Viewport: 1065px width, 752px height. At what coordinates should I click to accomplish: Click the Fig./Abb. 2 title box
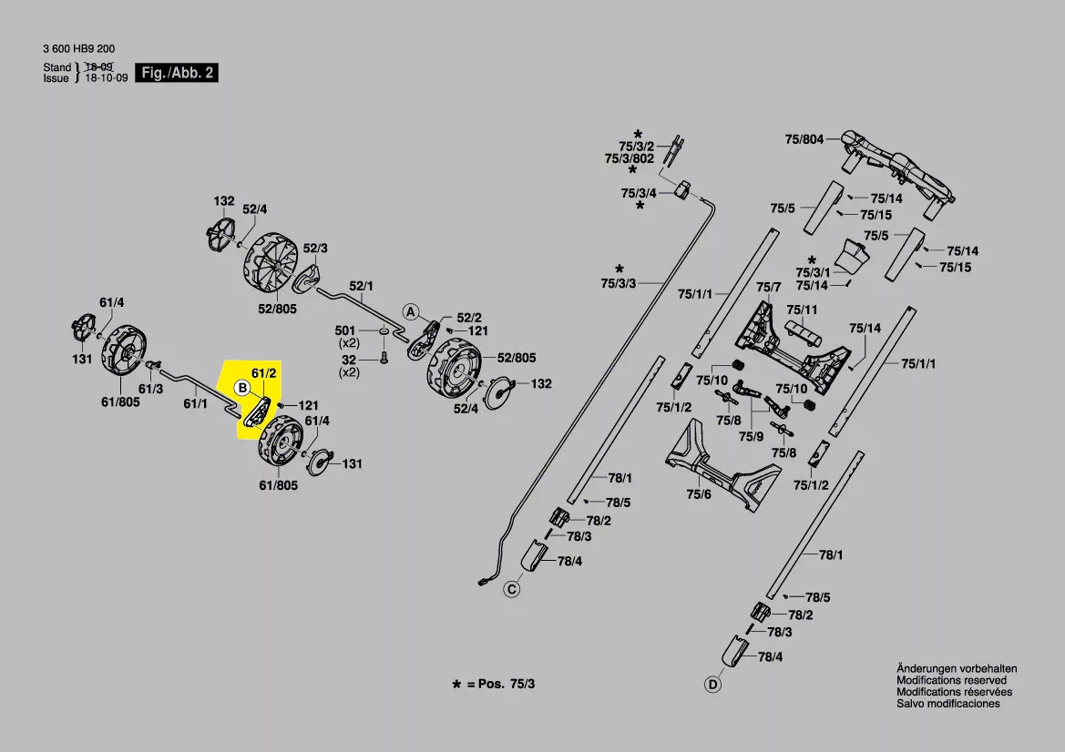tap(178, 73)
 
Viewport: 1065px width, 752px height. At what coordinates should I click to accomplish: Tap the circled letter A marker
tap(411, 311)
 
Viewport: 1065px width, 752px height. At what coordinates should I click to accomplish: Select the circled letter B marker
tap(242, 388)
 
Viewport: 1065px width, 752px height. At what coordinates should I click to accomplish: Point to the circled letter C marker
tap(512, 590)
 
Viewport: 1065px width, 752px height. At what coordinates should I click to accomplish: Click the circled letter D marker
tap(712, 684)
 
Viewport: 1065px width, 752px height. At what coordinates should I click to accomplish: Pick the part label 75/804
tap(804, 140)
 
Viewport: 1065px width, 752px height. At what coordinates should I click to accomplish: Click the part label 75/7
tap(769, 288)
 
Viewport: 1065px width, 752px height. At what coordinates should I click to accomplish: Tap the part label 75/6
tap(699, 494)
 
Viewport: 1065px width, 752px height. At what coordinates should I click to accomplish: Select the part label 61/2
tap(264, 373)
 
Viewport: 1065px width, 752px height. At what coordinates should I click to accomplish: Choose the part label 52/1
tap(362, 286)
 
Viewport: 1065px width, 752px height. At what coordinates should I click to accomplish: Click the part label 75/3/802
tap(630, 158)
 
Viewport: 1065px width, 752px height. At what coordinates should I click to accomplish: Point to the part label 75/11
tap(802, 310)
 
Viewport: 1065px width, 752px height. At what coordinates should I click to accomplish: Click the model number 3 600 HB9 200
tap(78, 49)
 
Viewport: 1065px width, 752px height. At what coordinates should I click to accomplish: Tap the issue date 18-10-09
tap(107, 79)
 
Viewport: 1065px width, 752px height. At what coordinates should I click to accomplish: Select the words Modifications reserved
tap(951, 680)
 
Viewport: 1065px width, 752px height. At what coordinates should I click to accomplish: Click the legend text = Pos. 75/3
tap(500, 683)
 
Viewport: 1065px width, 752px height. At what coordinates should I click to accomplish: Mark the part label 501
tap(345, 330)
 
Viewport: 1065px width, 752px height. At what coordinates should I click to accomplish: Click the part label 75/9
tap(752, 437)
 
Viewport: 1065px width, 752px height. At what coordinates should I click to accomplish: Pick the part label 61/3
tap(151, 390)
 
